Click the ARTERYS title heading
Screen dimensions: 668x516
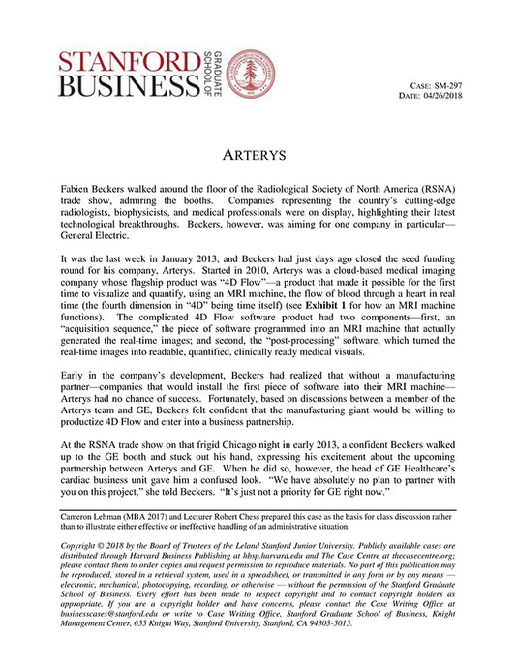coord(258,155)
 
